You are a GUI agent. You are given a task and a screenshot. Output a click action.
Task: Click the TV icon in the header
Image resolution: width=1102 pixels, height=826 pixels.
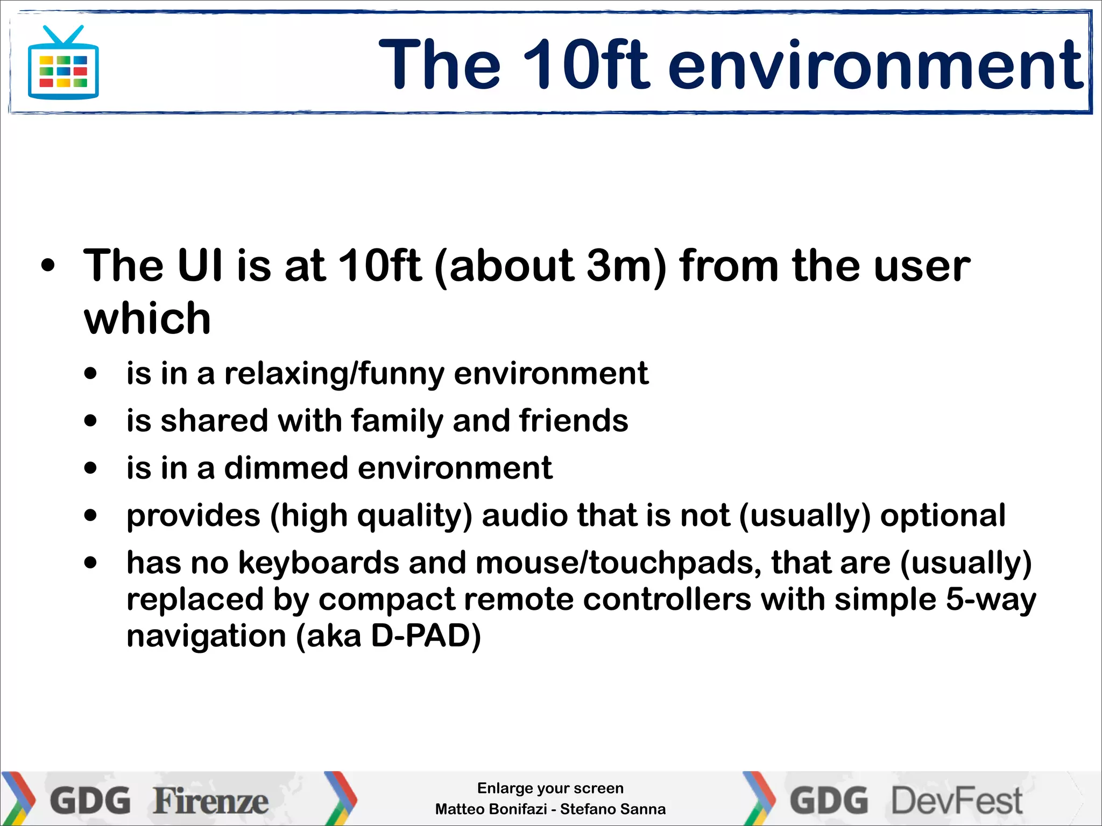(x=63, y=64)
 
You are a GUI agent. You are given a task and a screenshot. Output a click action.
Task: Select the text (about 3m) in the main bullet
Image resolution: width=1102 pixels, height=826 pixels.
(x=550, y=266)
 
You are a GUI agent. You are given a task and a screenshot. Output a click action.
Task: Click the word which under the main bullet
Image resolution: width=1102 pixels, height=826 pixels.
(x=147, y=318)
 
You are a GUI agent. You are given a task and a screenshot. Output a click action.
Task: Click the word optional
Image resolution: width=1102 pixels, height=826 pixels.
(x=943, y=515)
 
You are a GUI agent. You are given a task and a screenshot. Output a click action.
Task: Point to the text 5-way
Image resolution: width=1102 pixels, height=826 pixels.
(x=991, y=599)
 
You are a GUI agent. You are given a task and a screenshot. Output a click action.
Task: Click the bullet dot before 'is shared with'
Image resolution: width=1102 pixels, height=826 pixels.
(x=91, y=421)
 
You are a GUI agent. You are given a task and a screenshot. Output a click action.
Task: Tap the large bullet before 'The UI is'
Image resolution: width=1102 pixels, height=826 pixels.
(x=48, y=266)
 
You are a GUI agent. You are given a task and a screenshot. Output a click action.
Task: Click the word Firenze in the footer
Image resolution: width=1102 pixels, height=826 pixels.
(x=210, y=801)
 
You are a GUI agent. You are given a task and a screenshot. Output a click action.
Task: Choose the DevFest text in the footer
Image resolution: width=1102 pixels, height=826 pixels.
(x=956, y=801)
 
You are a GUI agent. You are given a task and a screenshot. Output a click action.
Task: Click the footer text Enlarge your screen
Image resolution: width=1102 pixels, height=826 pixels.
(x=550, y=788)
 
